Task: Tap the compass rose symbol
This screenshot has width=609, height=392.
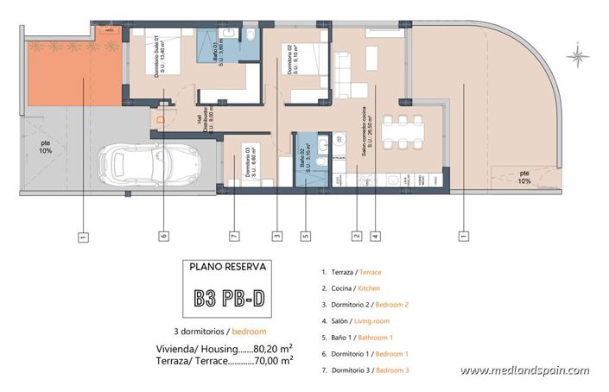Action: [x=577, y=57]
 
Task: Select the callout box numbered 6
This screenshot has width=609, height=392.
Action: [x=162, y=234]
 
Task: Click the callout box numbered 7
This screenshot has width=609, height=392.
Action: [x=233, y=234]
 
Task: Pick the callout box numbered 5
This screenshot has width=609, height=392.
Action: [x=305, y=234]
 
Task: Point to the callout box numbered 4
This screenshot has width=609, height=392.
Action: [x=375, y=234]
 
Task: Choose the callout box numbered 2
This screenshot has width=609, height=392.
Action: [x=356, y=234]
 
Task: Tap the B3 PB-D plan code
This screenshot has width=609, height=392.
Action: [x=228, y=300]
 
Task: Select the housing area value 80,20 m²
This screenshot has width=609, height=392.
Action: [x=273, y=348]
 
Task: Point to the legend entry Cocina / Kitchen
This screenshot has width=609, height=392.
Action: [x=350, y=288]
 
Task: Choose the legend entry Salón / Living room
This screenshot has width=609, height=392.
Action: [x=353, y=321]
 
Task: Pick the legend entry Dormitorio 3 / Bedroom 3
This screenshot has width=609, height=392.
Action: [x=364, y=370]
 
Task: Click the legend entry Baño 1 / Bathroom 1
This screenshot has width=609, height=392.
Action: [x=355, y=338]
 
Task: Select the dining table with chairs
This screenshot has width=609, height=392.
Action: [x=403, y=132]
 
